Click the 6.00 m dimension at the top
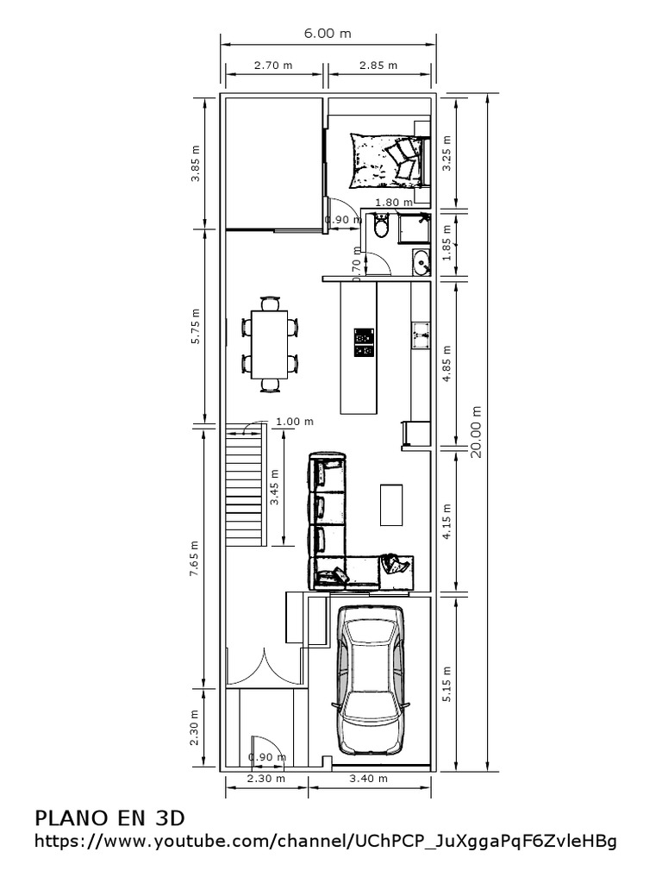tap(328, 34)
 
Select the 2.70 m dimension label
tap(272, 65)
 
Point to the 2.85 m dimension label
tap(378, 65)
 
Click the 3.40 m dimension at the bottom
tap(367, 779)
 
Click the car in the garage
tap(372, 680)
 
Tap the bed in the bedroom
tap(388, 159)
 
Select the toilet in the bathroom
tap(382, 227)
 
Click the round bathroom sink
tap(421, 260)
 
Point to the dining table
tap(269, 343)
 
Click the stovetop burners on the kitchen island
tap(364, 342)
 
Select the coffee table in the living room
tap(391, 504)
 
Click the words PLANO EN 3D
tap(109, 817)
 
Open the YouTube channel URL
tap(326, 842)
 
